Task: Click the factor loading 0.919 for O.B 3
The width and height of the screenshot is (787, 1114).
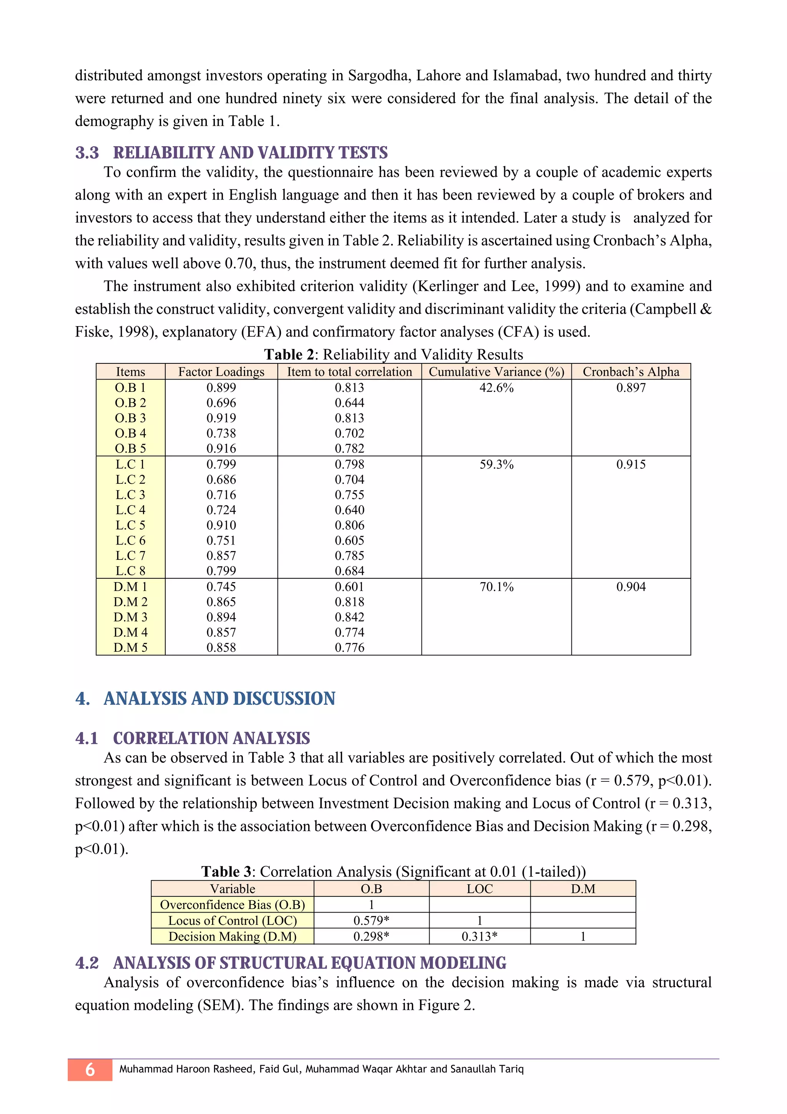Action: click(221, 418)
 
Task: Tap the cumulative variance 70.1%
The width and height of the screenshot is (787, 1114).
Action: click(496, 586)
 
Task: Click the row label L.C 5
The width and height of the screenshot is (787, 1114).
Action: click(130, 525)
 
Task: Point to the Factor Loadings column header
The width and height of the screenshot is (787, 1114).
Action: click(221, 372)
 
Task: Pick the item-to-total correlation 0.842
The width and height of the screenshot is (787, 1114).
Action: click(349, 617)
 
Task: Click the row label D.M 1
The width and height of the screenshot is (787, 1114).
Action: click(130, 586)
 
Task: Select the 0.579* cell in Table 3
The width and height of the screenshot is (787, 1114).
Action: click(371, 921)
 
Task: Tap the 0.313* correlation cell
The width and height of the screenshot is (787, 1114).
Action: click(479, 936)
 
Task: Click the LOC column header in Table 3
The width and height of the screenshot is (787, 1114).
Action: click(479, 889)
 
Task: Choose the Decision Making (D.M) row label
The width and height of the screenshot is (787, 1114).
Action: click(232, 936)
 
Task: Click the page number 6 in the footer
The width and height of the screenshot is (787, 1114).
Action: click(90, 1069)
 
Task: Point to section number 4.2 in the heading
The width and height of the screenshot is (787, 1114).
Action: click(87, 962)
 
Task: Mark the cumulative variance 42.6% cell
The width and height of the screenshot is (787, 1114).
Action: click(496, 388)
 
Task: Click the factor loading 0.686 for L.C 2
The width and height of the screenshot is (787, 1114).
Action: click(221, 480)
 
